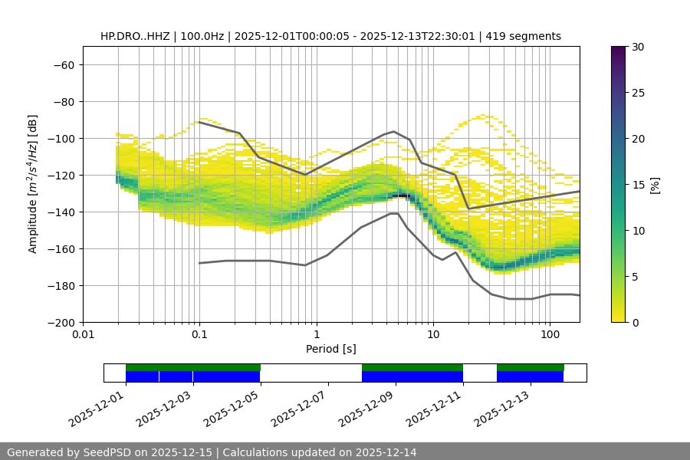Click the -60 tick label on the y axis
(63, 65)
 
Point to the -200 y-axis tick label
(60, 323)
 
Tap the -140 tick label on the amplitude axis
(60, 212)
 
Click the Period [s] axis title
(331, 349)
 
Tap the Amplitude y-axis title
(32, 184)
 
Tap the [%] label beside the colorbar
(655, 185)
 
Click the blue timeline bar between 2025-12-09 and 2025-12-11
(412, 376)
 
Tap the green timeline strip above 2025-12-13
(531, 367)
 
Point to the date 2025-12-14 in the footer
(386, 452)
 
